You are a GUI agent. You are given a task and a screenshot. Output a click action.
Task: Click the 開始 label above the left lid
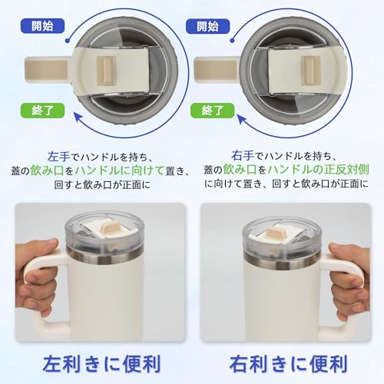42,26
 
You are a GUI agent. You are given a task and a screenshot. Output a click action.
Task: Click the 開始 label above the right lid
207,26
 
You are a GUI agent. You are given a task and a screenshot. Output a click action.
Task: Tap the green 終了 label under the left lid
42,111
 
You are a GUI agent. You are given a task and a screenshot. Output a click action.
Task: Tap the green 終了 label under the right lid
213,111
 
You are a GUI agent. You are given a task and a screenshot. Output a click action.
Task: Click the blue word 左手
58,157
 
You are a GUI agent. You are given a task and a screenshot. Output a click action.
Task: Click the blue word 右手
243,155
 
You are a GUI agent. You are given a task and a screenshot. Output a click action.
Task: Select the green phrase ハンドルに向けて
120,170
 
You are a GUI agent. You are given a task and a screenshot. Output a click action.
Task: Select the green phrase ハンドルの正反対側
318,169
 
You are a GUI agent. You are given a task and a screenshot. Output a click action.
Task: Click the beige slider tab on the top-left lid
106,71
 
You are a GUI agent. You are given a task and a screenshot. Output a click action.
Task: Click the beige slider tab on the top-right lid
310,71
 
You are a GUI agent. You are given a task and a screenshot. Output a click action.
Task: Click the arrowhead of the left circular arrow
78,118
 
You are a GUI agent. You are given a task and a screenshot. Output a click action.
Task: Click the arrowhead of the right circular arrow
242,120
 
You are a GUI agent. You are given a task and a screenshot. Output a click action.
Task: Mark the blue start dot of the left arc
68,41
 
